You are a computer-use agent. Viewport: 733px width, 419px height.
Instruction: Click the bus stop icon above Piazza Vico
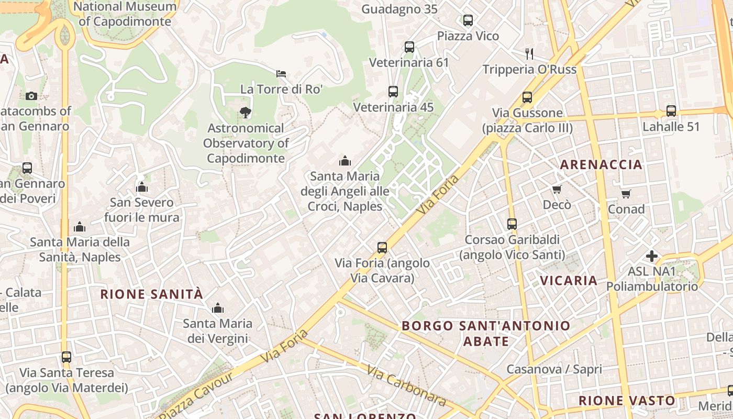click(468, 20)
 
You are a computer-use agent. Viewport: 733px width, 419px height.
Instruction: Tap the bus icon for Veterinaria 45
click(393, 92)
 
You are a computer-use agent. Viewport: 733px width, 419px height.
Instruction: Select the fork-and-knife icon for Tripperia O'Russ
click(529, 53)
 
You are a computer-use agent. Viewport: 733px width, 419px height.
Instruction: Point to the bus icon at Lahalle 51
click(671, 111)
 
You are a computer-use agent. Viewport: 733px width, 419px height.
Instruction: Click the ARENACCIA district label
click(601, 164)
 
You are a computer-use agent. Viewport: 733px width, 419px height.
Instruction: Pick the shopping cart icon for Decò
click(557, 189)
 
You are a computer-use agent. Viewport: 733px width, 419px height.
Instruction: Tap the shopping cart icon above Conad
click(626, 194)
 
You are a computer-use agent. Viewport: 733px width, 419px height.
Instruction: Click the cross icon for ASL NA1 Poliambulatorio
click(652, 256)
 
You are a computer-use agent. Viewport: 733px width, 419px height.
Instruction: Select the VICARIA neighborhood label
click(569, 280)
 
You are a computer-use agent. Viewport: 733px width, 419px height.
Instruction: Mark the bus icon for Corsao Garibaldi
click(512, 224)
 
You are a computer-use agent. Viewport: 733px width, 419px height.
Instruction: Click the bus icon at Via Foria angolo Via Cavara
click(382, 248)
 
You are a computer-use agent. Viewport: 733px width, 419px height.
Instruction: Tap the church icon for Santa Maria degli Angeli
click(345, 161)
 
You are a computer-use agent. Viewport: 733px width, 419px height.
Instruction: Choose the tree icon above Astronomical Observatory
click(245, 112)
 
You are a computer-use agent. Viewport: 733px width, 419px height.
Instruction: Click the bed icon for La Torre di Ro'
click(281, 74)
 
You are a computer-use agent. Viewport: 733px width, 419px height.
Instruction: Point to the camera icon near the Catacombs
click(31, 96)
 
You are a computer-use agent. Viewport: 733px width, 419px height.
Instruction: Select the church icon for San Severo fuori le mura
click(141, 187)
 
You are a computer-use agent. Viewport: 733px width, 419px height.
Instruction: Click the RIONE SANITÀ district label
click(151, 294)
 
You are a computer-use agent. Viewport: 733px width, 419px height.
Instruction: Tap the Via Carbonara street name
click(406, 386)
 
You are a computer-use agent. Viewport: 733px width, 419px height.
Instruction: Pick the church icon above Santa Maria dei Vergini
click(217, 308)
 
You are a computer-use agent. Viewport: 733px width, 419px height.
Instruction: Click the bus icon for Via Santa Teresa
click(66, 357)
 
